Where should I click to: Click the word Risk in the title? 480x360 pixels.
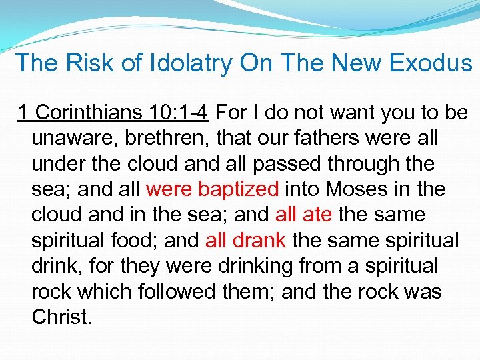point(85,63)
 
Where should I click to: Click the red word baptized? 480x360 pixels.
point(238,189)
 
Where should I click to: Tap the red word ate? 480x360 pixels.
point(317,215)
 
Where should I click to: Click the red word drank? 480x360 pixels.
point(261,240)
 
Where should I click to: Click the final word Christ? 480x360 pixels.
point(61,317)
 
